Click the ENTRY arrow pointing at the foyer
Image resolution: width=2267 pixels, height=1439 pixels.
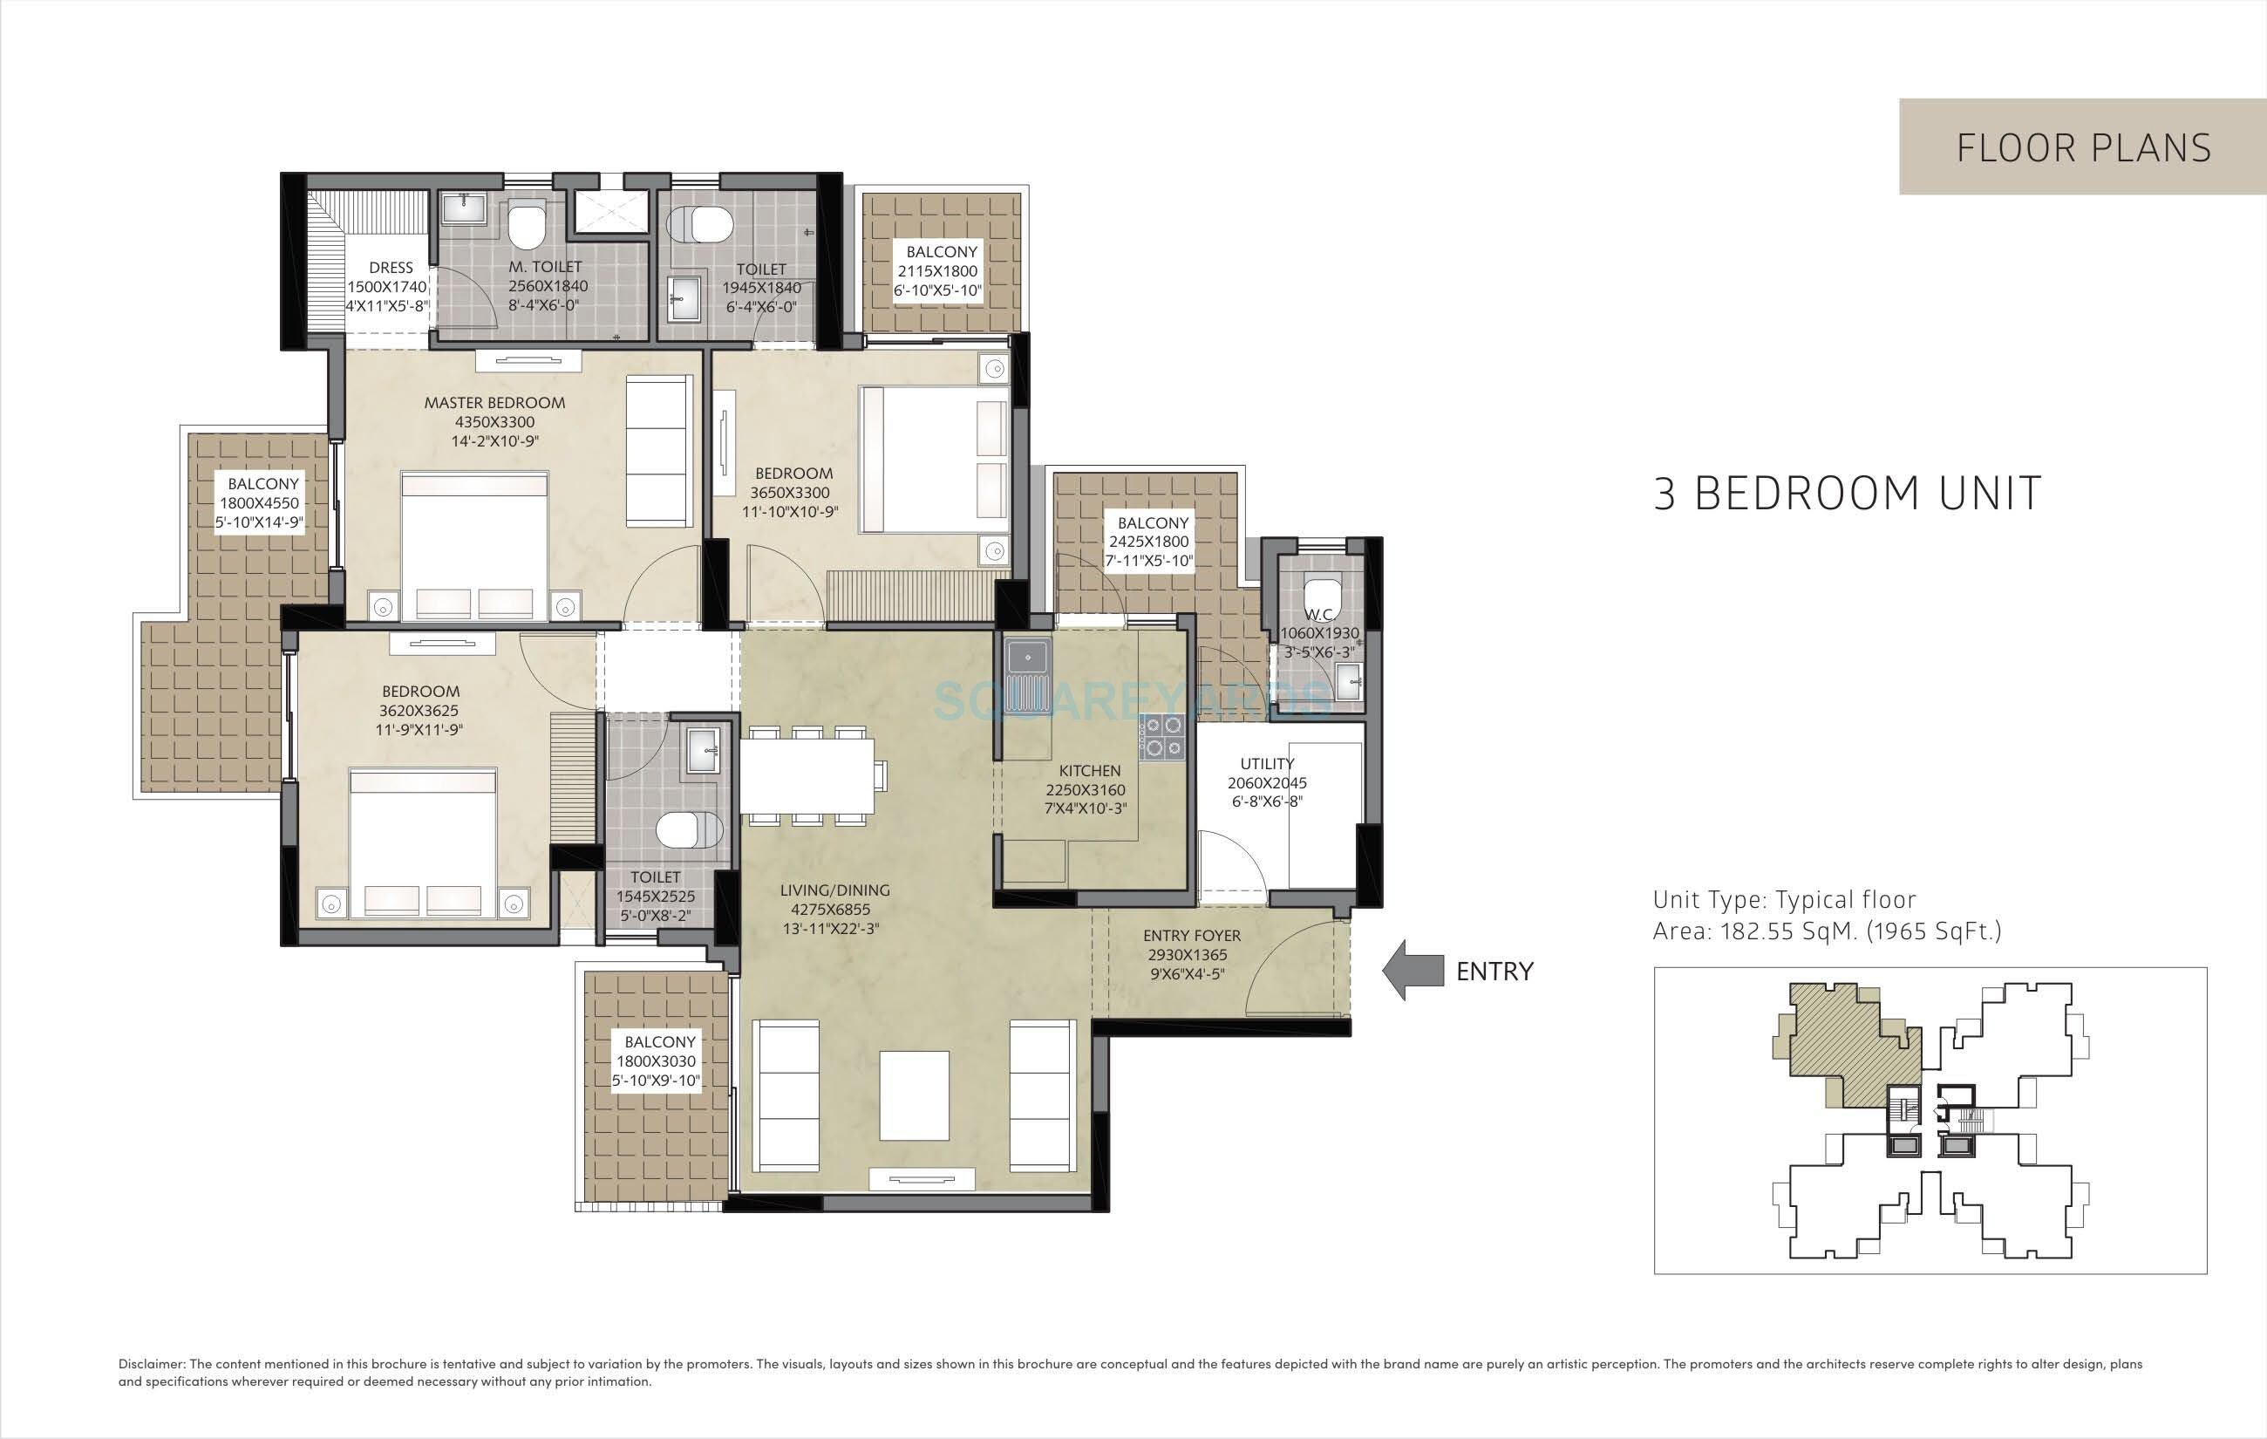[1413, 970]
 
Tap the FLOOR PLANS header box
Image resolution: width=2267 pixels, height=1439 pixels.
[2082, 147]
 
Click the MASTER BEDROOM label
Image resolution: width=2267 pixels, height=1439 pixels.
[494, 403]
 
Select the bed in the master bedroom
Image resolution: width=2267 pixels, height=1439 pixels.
[474, 546]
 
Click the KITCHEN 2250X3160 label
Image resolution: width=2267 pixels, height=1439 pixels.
[1088, 789]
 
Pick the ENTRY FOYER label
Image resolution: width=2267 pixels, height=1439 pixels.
[1191, 936]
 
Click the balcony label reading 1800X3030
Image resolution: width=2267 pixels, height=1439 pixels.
[659, 1060]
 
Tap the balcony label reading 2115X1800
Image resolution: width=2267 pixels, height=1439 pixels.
[941, 270]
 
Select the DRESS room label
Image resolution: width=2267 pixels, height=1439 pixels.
[390, 269]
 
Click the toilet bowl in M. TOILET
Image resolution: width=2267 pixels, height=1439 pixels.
[525, 225]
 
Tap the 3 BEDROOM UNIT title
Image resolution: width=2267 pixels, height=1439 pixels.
[1847, 494]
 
